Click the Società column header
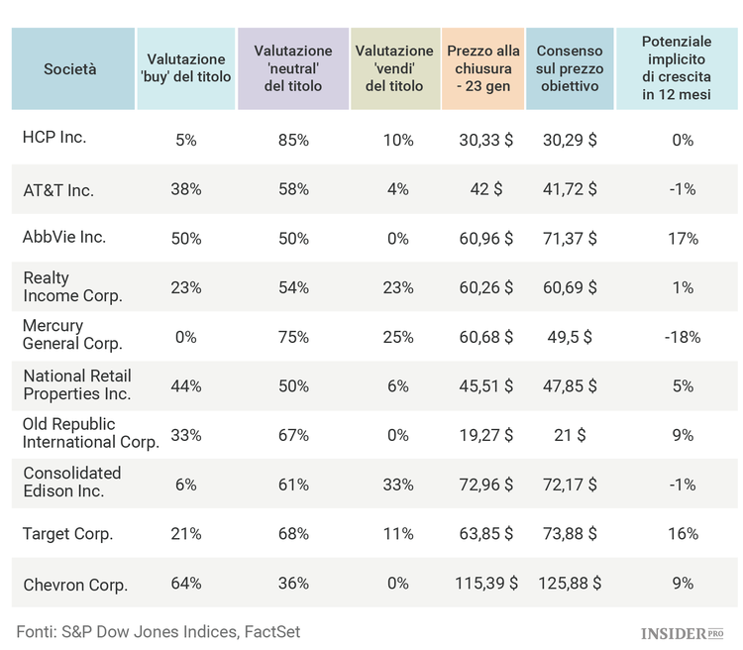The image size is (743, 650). coord(70,68)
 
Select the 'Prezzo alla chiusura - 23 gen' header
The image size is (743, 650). coord(479,68)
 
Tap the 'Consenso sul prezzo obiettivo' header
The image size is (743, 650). coord(567,68)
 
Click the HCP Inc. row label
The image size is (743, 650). coord(54,137)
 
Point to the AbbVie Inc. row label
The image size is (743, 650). coord(64,237)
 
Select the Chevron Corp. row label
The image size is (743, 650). coord(75,585)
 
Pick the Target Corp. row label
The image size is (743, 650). coord(68,534)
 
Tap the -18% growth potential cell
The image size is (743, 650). coord(683,337)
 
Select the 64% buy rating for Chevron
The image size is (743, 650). coord(186,584)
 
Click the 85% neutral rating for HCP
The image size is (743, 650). coord(294,141)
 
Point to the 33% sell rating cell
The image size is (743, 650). coord(398,485)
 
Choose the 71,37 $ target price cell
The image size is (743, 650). coord(570,239)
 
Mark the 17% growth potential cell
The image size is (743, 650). coord(683,239)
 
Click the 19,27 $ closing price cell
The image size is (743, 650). coord(485,435)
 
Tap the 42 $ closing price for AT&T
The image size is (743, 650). coord(486,189)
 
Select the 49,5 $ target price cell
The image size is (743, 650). coord(568,337)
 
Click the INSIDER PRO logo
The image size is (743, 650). coord(683,631)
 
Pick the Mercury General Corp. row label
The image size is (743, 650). coord(72,335)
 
